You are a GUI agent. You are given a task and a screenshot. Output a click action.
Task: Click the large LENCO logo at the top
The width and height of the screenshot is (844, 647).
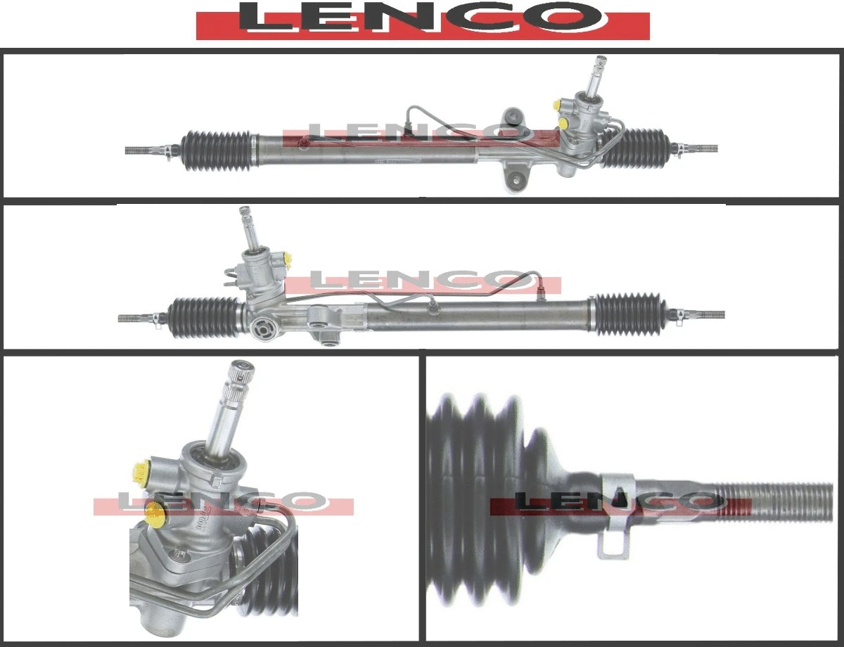[423, 20]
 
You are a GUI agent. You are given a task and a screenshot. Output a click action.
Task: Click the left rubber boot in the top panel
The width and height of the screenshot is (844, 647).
[217, 150]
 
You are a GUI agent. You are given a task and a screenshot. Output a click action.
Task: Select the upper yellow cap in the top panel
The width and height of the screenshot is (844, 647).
[558, 105]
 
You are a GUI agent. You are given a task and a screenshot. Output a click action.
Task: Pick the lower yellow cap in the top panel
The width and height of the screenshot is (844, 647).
[562, 124]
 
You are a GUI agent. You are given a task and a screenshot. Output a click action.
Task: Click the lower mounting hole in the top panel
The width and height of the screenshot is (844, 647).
[516, 180]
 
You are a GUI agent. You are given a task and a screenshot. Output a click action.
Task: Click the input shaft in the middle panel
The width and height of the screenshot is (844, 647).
[248, 229]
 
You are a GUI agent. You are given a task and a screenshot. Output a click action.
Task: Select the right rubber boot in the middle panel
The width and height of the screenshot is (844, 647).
[628, 314]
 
